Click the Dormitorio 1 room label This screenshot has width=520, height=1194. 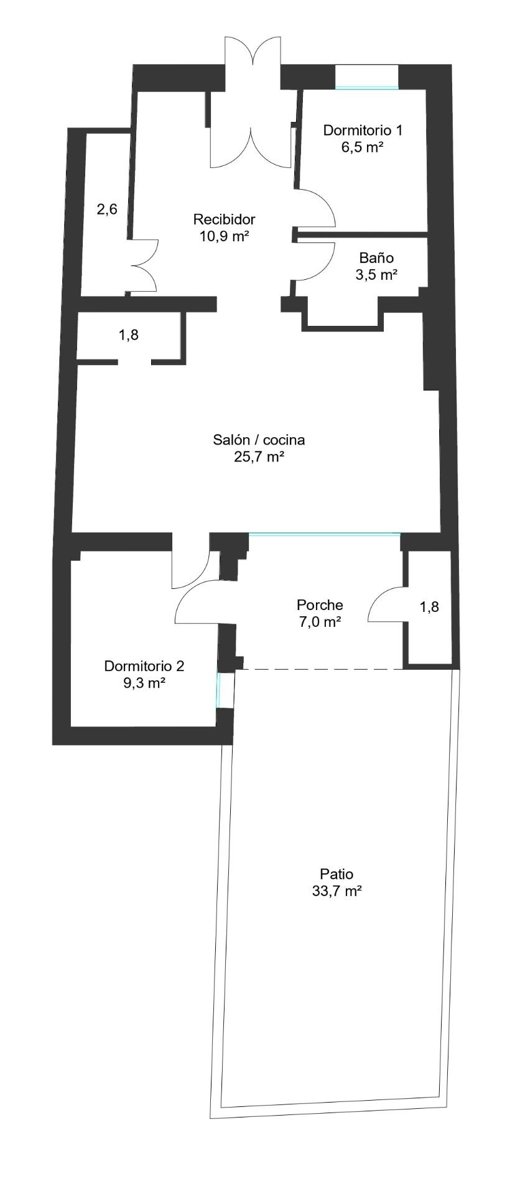point(363,131)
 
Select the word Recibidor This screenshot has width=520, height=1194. point(225,220)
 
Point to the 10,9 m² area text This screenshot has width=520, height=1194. point(225,236)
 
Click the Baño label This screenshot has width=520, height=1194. point(376,258)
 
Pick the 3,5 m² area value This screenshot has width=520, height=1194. point(376,275)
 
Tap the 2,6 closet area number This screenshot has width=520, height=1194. point(107,210)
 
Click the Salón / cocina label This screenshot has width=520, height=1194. point(259,440)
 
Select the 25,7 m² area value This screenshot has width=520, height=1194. point(259,457)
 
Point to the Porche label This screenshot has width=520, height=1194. point(320,604)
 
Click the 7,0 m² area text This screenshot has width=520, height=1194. point(320,621)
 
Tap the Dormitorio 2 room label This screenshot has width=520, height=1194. point(144,666)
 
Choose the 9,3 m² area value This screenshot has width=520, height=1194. point(144,683)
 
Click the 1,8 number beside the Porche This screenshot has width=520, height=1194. point(429,607)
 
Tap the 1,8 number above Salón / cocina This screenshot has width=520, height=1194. point(129,335)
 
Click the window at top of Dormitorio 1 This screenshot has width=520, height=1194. point(367,88)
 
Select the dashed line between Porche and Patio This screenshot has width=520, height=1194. point(319,669)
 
